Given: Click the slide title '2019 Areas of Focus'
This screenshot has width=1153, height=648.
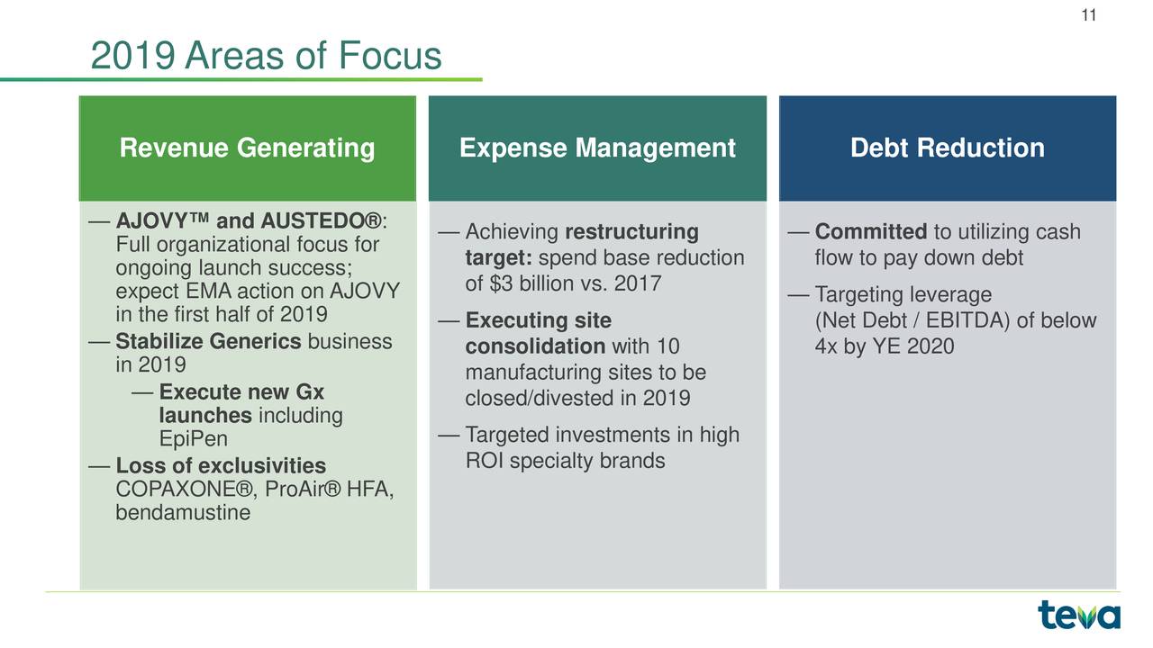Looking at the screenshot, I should click(267, 58).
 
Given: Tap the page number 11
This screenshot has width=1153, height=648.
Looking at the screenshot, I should click(1088, 15).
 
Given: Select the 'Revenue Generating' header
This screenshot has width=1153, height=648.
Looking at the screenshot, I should click(247, 148).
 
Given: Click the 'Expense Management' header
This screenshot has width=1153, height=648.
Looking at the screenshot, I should click(597, 148).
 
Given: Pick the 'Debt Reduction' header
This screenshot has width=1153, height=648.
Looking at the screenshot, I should click(947, 148).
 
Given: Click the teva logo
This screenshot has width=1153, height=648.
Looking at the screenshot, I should click(1078, 616).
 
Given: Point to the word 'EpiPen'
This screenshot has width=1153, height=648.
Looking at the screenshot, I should click(193, 439).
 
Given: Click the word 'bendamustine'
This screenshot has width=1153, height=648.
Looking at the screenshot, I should click(183, 513).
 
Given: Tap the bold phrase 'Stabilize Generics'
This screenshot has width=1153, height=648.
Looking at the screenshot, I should click(209, 342).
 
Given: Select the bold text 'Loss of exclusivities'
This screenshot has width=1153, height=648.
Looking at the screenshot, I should click(221, 466).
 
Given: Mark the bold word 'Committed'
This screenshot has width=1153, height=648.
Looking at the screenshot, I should click(869, 233).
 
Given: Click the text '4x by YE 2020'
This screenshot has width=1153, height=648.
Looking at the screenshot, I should click(884, 346).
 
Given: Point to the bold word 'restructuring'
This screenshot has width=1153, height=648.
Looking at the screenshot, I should click(631, 233).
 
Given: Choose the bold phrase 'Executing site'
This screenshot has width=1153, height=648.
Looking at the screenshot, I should click(538, 321).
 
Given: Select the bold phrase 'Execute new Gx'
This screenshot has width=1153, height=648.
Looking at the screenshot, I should click(241, 392).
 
